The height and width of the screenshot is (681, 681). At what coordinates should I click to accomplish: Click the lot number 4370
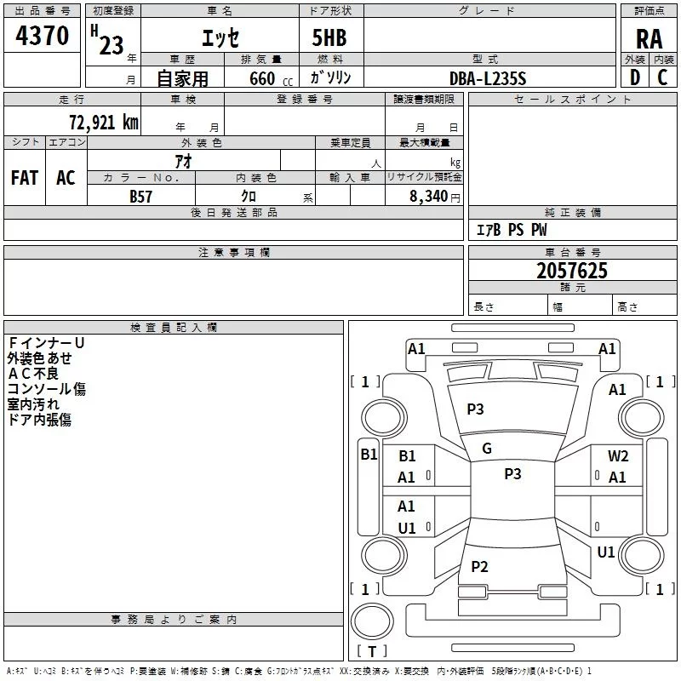42,37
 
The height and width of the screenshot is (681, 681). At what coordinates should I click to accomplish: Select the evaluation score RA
649,38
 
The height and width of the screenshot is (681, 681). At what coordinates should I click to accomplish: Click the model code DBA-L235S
489,78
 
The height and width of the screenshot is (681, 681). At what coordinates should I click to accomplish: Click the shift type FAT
25,178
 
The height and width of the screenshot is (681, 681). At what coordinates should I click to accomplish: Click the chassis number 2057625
572,271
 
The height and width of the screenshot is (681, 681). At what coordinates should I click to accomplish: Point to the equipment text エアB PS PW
511,231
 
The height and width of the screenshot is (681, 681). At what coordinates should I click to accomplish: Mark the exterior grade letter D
634,78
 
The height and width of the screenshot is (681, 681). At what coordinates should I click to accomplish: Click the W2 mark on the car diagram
618,456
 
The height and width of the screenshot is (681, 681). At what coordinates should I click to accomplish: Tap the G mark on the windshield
487,449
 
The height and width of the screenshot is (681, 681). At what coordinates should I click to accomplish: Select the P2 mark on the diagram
480,567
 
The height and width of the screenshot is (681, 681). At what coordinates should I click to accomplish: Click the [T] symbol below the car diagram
372,652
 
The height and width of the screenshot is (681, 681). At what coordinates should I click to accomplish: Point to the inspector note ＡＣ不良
33,374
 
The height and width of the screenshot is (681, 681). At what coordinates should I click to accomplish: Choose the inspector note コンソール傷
47,389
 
